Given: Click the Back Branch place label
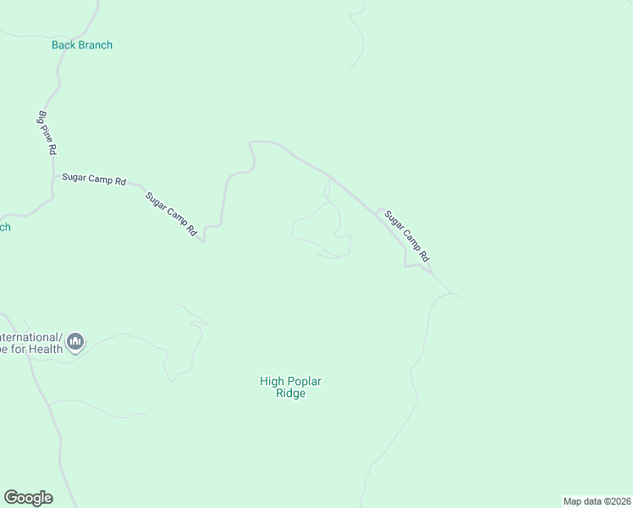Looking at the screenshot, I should pos(82,45).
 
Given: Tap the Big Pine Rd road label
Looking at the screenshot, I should pos(47,132).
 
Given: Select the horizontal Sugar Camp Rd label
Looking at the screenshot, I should pos(94,179).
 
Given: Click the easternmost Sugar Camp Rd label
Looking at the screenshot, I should pos(408,235).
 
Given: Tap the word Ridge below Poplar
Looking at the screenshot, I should pos(290,394).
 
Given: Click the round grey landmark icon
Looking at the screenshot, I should pos(75,341).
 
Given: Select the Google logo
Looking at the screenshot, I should pos(28,498).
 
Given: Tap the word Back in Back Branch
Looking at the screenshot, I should pos(63,45).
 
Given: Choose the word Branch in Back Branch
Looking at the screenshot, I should pos(95,45).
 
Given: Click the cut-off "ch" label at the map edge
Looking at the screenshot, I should pos(4,227).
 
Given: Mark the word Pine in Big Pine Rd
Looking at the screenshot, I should pos(47,131).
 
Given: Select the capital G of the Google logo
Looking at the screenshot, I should pos(11,497).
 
